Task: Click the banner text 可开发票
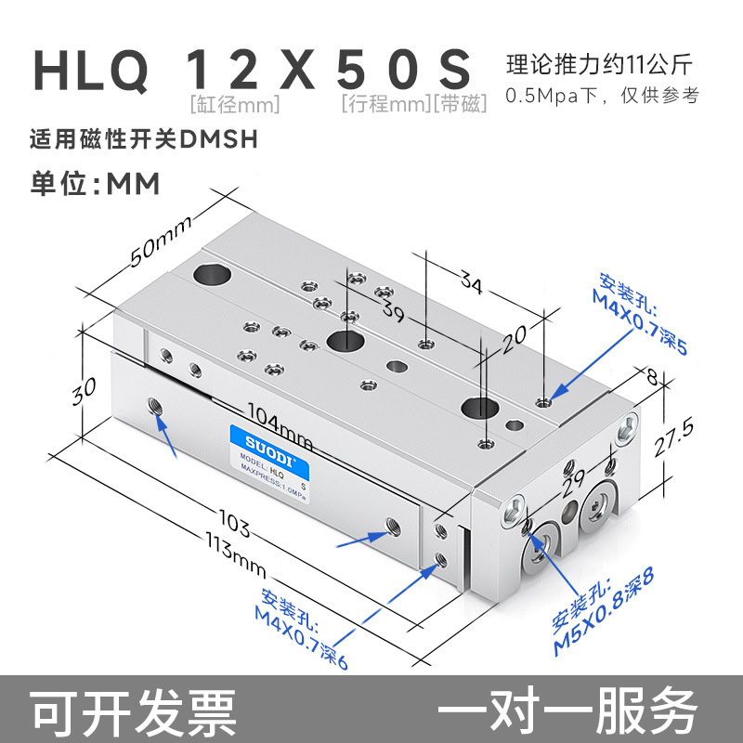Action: [x=135, y=711]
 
